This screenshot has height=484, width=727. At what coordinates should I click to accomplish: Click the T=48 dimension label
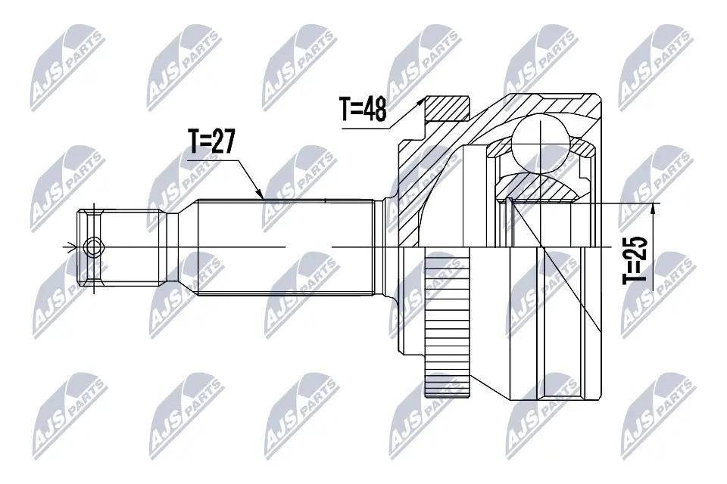(x=364, y=110)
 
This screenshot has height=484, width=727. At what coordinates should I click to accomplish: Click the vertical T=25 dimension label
(x=637, y=259)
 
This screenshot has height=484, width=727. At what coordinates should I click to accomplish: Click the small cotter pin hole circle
(x=93, y=247)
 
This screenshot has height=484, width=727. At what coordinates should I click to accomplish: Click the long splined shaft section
(x=288, y=248)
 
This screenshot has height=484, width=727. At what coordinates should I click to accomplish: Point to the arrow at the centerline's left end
(x=70, y=247)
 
